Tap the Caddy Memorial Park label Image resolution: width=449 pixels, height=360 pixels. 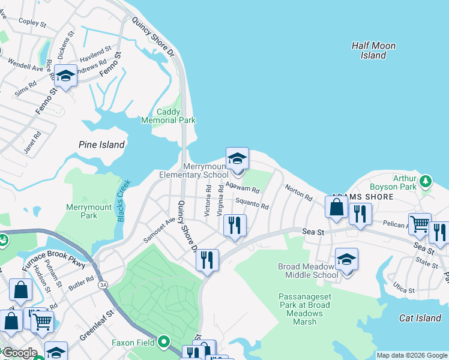tap(168, 116)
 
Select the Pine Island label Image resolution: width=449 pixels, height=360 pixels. tap(101, 145)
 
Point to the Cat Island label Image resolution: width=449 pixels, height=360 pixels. tap(420, 318)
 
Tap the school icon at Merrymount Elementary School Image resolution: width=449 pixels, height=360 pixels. tap(237, 159)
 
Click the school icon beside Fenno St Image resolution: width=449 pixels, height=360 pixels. tap(65, 76)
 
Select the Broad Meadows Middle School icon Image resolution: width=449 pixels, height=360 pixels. tap(346, 260)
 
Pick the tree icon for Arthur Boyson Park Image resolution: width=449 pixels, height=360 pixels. tap(426, 181)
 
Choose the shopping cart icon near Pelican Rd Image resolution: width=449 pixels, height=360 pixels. tap(420, 224)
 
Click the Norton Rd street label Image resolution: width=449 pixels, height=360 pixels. tap(298, 193)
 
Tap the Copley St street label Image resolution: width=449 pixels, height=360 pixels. tap(32, 23)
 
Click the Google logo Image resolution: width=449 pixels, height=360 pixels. tap(19, 353)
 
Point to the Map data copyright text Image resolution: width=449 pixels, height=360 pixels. tap(411, 355)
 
